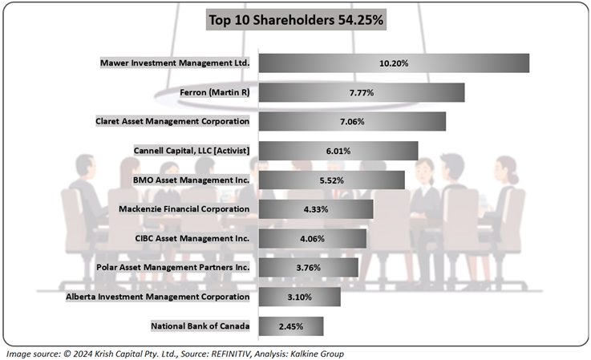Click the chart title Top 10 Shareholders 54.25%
click(x=297, y=20)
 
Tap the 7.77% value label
click(x=361, y=93)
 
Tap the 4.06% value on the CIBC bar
click(x=312, y=238)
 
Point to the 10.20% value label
click(x=393, y=63)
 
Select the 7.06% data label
click(x=351, y=122)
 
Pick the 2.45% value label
click(x=290, y=326)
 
